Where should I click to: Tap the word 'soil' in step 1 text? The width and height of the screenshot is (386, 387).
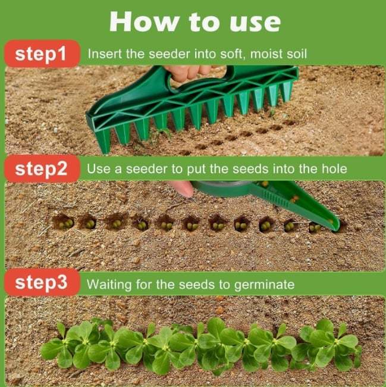click(296, 54)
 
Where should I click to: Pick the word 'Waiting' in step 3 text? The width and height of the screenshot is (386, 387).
click(109, 284)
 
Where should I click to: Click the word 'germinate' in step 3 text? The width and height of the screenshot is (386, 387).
click(265, 285)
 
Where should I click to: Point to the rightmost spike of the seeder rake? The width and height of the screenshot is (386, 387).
click(287, 92)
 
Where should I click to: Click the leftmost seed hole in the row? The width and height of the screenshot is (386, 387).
click(63, 223)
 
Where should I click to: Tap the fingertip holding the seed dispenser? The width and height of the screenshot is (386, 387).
click(184, 189)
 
